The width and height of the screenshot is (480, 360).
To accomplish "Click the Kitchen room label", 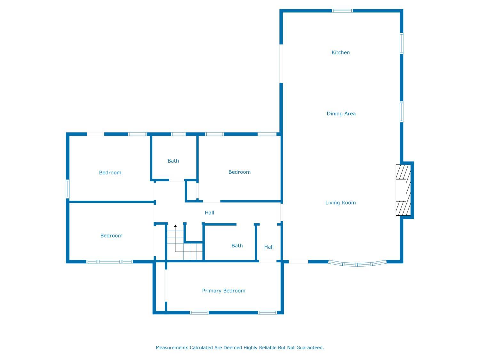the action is coord(340,52).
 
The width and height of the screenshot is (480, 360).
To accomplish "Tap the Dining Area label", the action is coord(341,114).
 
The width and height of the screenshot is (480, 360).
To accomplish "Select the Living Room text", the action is coord(340,203).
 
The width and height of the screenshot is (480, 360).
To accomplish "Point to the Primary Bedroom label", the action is coord(223,291).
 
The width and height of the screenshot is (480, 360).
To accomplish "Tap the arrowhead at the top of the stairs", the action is coord(175,226).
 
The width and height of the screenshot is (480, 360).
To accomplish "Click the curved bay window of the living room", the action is coord(357,263).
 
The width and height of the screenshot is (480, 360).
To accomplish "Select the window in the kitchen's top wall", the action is coord(342,11).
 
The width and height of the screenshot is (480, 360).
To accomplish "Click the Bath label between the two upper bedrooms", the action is coord(173,161).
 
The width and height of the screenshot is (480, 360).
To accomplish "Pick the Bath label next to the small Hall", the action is coord(237,246).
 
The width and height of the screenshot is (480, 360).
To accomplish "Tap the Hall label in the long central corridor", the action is coord(209,213).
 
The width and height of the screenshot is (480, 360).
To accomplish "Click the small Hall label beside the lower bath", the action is coord(269,247).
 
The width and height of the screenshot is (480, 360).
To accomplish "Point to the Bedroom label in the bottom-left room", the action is coord(111,236).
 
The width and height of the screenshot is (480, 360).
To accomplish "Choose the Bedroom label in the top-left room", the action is coord(110,173).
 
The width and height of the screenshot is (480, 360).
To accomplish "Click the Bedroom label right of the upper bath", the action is coord(239,172).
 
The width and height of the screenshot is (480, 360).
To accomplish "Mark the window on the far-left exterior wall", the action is coord(68,189).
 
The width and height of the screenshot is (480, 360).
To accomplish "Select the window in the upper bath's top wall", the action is coord(178,134).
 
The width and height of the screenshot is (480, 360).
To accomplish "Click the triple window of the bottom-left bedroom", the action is coord(109,262).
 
